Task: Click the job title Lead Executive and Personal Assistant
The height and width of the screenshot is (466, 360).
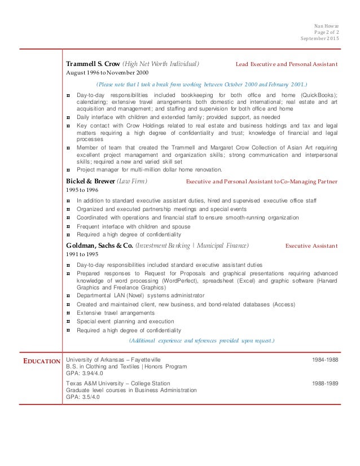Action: (287, 64)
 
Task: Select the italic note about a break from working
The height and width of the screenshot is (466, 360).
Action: (202, 84)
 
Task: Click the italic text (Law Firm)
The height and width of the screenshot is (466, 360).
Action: (132, 181)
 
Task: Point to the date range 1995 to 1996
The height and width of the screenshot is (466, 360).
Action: (81, 190)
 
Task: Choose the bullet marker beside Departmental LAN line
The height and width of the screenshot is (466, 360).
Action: (68, 295)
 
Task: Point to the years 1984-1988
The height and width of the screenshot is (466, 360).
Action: (325, 359)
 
